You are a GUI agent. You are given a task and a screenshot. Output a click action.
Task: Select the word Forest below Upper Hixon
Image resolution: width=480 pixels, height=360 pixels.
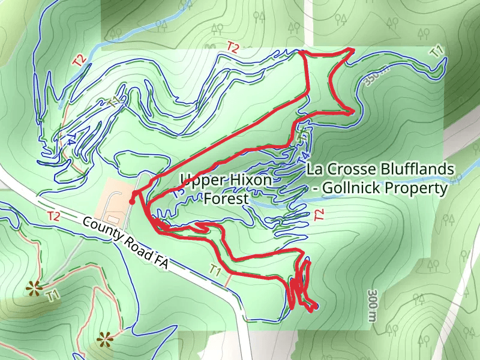pyautogui.click(x=226, y=198)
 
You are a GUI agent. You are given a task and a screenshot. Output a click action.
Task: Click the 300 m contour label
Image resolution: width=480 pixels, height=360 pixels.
pyautogui.click(x=373, y=307)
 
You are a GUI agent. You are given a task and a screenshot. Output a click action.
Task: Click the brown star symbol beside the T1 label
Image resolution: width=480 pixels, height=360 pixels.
pyautogui.click(x=33, y=290)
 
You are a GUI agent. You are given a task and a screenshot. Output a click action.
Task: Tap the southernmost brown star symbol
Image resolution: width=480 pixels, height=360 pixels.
pyautogui.click(x=106, y=340)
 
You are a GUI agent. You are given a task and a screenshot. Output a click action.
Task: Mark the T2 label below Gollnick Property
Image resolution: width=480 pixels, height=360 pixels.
pyautogui.click(x=319, y=215)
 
